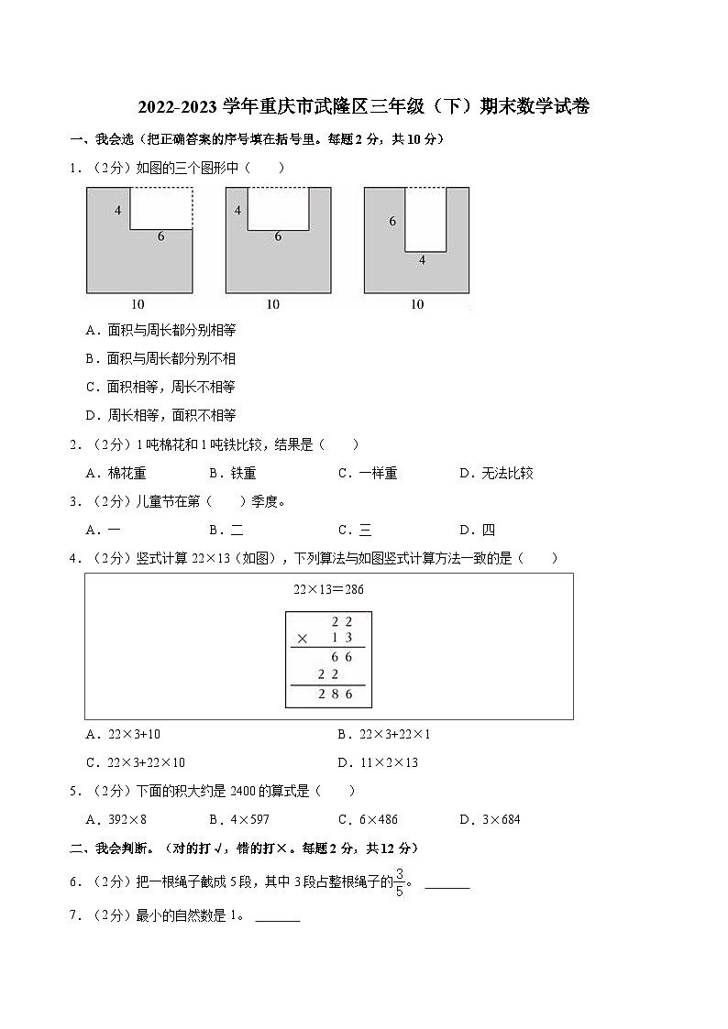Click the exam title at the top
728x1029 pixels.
pos(363,107)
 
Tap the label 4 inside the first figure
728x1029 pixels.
pos(118,211)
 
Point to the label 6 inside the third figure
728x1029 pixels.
pos(392,221)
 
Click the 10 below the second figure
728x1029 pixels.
pos(273,304)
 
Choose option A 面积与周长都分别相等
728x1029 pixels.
pos(160,330)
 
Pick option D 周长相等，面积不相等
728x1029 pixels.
pos(160,415)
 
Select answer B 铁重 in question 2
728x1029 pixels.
pos(232,473)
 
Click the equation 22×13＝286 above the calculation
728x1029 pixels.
pos(328,589)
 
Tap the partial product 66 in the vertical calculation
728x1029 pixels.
pos(342,657)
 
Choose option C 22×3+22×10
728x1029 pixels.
pos(135,762)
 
